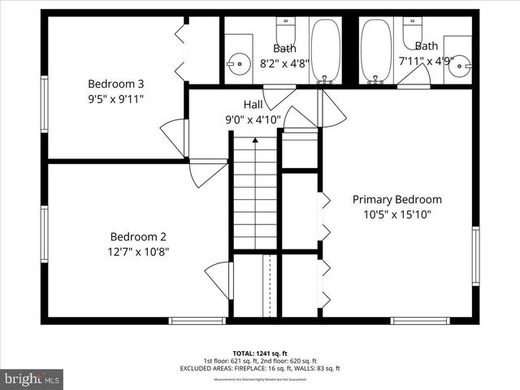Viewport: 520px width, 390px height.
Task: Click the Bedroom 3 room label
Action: pos(117,83)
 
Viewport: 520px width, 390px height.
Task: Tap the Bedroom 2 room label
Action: pos(139,236)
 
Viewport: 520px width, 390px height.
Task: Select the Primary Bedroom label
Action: pos(396,199)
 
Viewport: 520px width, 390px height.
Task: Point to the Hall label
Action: pos(253,104)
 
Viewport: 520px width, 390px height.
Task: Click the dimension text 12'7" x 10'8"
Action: pos(139,252)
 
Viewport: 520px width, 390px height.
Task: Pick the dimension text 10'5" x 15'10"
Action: pos(397,214)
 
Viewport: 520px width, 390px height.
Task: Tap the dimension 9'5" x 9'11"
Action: pos(117,98)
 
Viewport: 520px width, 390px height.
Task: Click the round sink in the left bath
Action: pos(240,63)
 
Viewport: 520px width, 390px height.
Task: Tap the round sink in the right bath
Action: pos(460,63)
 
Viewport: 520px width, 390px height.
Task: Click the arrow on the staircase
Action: pos(255,141)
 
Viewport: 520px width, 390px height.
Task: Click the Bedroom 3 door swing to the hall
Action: pos(175,136)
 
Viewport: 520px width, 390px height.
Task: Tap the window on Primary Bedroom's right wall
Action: pos(475,256)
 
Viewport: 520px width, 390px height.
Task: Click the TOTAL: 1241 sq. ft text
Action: pos(259,353)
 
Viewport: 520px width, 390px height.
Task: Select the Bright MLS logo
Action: pos(32,378)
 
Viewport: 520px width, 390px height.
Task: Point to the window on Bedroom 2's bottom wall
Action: pos(197,320)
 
